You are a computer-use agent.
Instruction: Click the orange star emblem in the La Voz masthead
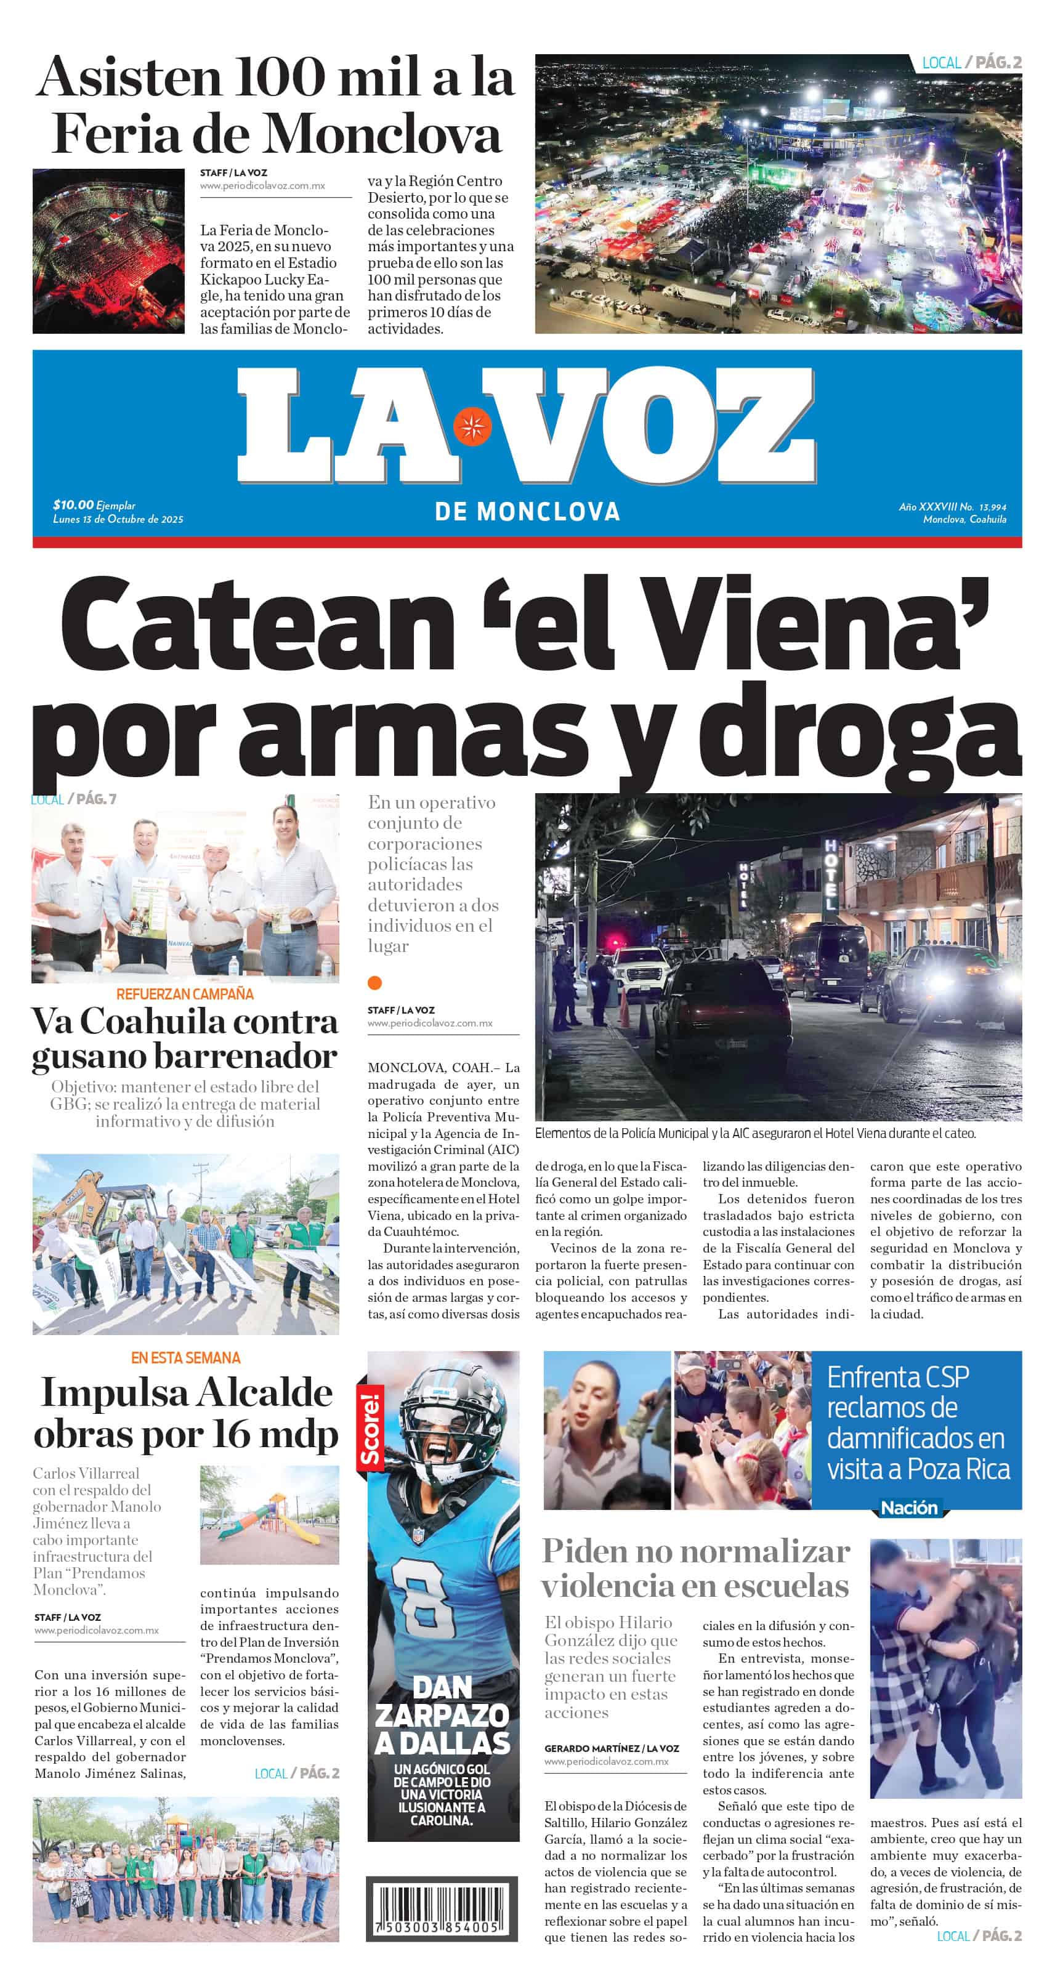[x=472, y=426]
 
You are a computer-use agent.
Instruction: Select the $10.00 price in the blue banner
[x=73, y=504]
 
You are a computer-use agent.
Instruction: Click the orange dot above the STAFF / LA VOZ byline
[x=375, y=982]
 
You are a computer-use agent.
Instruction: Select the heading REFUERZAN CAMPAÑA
[x=185, y=994]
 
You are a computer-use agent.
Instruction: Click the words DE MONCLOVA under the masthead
[x=527, y=511]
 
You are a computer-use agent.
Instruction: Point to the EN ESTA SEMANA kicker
[x=185, y=1358]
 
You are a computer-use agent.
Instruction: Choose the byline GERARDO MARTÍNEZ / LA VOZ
[x=612, y=1748]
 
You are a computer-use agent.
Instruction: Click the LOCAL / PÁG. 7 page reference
[x=74, y=799]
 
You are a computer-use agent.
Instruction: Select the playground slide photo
[x=269, y=1516]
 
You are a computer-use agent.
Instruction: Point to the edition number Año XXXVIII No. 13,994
[x=952, y=507]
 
